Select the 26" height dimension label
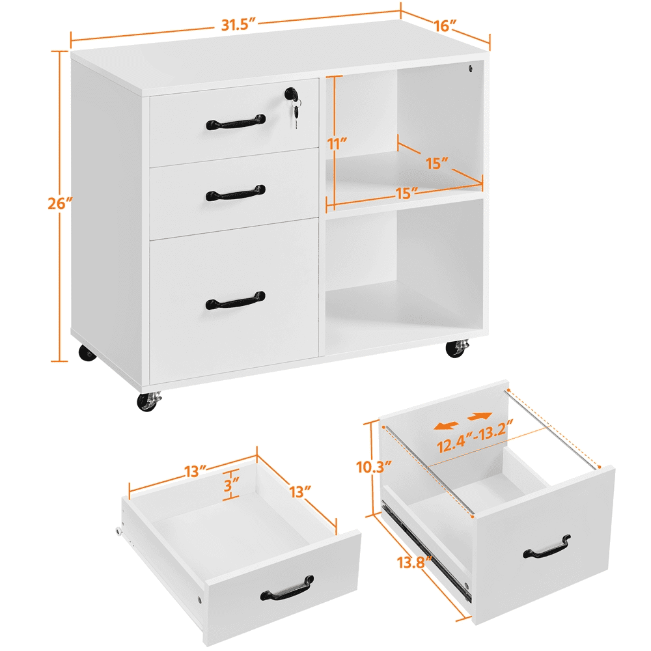tap(58, 203)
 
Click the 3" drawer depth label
tap(230, 484)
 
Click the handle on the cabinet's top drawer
tap(236, 121)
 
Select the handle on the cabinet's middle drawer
tap(236, 193)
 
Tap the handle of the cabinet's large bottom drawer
tap(236, 300)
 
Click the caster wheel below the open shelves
tap(456, 349)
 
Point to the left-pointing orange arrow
tap(446, 424)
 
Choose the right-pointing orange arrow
tap(480, 416)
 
